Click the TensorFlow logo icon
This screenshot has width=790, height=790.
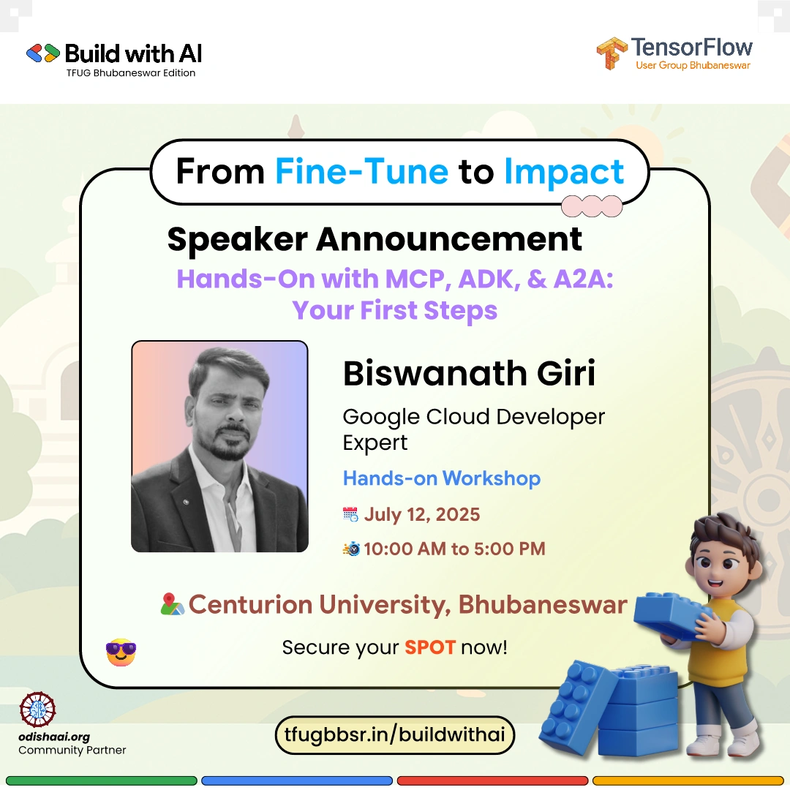pos(612,53)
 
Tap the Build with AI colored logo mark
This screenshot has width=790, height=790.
pos(43,53)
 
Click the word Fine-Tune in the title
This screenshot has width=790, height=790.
pos(362,172)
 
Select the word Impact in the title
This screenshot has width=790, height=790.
pos(564,173)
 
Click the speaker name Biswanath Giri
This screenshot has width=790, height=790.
pos(469,373)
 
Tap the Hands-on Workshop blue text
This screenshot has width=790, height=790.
pos(441,478)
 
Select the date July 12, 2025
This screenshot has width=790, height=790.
pos(422,514)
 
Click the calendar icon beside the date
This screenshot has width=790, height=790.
pos(350,514)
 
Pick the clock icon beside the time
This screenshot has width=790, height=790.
pos(351,548)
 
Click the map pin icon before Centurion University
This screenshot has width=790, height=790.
pos(173,604)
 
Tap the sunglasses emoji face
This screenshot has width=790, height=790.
pos(121,652)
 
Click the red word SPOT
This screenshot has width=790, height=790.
pos(430,647)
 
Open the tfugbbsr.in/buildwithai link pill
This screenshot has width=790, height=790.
pos(394,735)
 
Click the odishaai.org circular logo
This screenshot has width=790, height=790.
pos(37,710)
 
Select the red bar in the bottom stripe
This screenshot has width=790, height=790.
pos(492,781)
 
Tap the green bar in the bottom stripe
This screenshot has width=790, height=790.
pos(101,781)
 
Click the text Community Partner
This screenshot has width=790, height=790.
pos(72,750)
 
